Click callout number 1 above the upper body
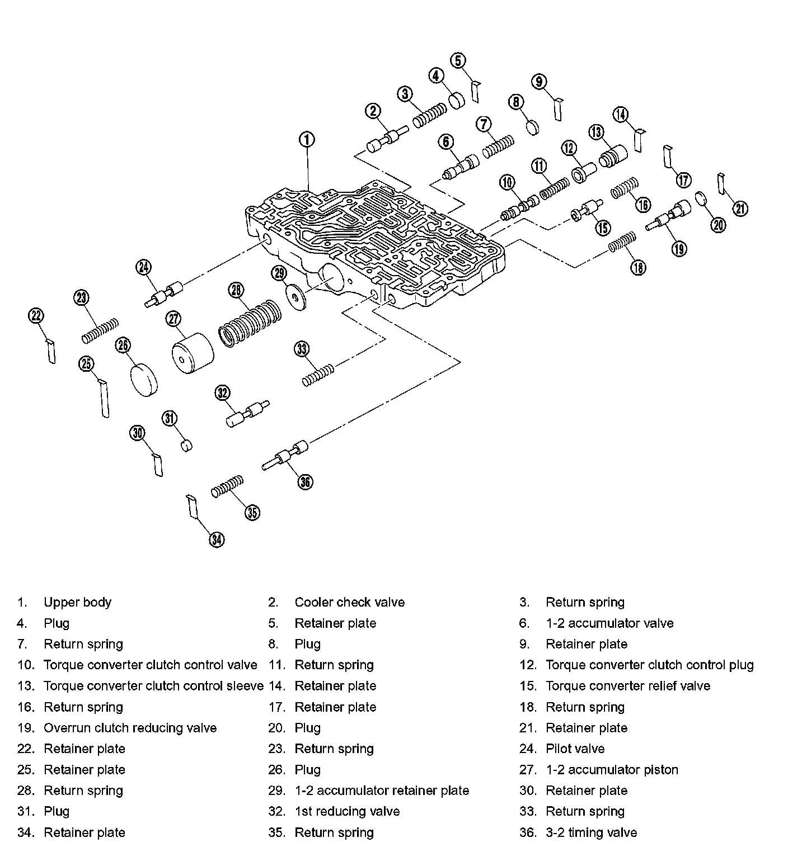click(x=307, y=140)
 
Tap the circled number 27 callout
click(x=174, y=319)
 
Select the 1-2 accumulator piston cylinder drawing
click(x=193, y=353)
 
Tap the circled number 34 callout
click(x=217, y=539)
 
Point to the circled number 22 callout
click(x=36, y=316)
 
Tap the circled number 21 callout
click(x=740, y=209)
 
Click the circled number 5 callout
click(x=458, y=60)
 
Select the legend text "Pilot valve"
click(x=575, y=749)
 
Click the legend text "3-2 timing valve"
click(x=591, y=832)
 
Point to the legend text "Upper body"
click(x=77, y=602)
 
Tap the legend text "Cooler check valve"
click(x=349, y=602)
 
